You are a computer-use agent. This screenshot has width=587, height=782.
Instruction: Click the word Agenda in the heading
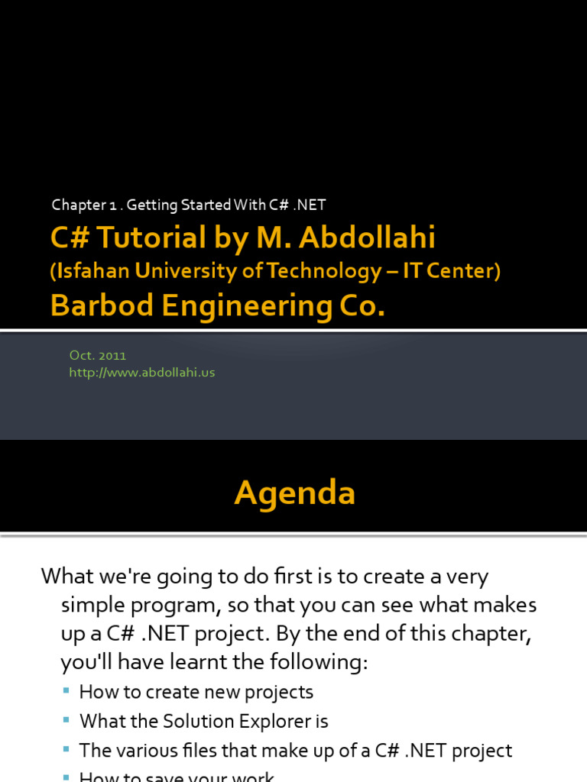pyautogui.click(x=295, y=493)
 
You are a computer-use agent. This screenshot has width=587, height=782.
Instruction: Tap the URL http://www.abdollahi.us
pyautogui.click(x=141, y=373)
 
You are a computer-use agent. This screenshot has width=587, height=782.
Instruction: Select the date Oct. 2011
pyautogui.click(x=97, y=355)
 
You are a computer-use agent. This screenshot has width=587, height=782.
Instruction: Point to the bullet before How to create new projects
pyautogui.click(x=66, y=691)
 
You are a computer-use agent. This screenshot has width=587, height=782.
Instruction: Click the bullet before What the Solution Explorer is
pyautogui.click(x=66, y=720)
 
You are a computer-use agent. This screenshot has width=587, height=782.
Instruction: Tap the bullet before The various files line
pyautogui.click(x=66, y=749)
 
